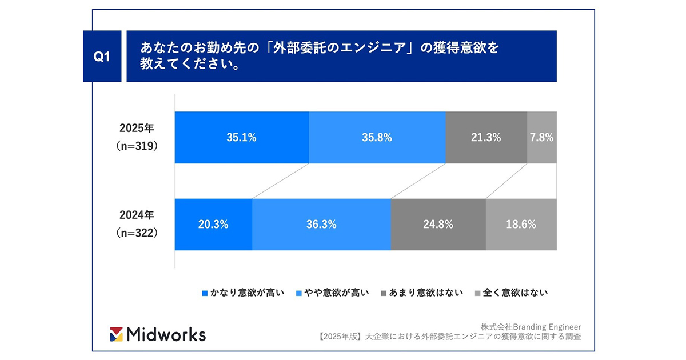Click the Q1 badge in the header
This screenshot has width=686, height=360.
(101, 56)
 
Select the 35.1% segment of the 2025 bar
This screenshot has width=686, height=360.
(241, 137)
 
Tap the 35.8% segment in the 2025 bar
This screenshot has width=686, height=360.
(377, 137)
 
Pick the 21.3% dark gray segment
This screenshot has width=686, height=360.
(486, 137)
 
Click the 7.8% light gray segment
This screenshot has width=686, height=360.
(541, 137)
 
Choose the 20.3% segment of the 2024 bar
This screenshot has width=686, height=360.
(213, 225)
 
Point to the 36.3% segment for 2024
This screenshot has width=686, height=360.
(321, 225)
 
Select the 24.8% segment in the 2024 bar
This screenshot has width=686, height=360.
(438, 225)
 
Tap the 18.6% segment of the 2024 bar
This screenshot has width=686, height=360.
(521, 225)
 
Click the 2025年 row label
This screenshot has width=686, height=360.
(137, 127)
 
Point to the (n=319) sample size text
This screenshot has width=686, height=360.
(137, 146)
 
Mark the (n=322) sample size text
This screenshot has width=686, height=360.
(137, 233)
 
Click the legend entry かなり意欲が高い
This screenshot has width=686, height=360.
(244, 293)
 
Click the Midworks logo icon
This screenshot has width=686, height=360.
(116, 334)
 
